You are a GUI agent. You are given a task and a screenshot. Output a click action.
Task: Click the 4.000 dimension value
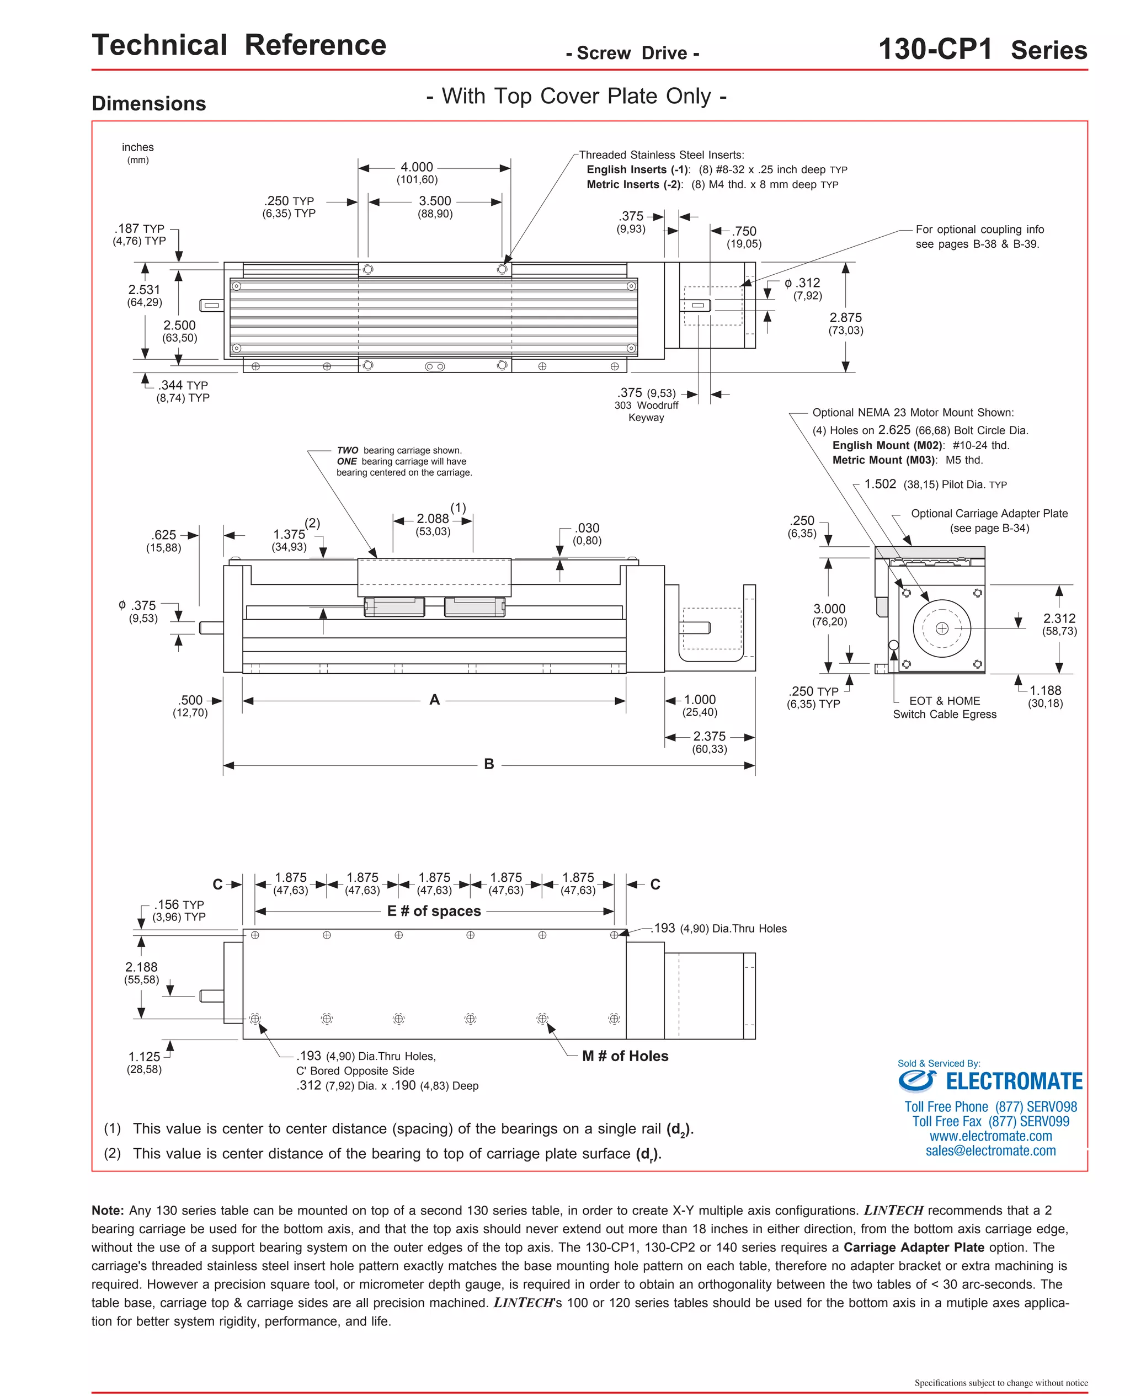point(417,167)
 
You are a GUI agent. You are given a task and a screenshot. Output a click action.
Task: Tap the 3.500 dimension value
point(435,201)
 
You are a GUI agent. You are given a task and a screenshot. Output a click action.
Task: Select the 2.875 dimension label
point(845,318)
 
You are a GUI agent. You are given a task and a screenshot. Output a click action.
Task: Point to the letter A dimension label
point(435,700)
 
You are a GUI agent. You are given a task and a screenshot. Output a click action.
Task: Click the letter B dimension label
point(489,764)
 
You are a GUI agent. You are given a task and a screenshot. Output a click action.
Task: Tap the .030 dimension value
point(587,528)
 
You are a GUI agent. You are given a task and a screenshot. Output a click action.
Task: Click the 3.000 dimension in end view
point(829,609)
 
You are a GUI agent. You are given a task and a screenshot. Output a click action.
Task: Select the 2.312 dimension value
point(1059,619)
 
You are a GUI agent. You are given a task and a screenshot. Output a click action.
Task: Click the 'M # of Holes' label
point(625,1056)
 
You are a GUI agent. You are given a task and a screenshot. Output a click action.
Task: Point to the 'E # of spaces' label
point(434,910)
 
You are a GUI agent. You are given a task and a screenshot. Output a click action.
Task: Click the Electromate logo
point(990,1081)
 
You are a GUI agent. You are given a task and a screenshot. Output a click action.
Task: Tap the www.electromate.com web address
point(990,1136)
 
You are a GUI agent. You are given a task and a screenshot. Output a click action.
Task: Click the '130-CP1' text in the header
point(935,50)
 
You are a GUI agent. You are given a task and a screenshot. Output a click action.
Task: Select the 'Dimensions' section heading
point(149,104)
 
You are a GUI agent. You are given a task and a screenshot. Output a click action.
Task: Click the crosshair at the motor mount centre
point(942,628)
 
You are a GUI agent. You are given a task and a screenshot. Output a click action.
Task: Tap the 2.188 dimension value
point(141,967)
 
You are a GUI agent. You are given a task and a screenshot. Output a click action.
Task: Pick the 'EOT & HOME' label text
point(945,701)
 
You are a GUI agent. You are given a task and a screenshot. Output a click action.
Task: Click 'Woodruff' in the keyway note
point(658,405)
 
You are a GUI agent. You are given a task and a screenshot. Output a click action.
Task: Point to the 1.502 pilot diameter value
point(880,484)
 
